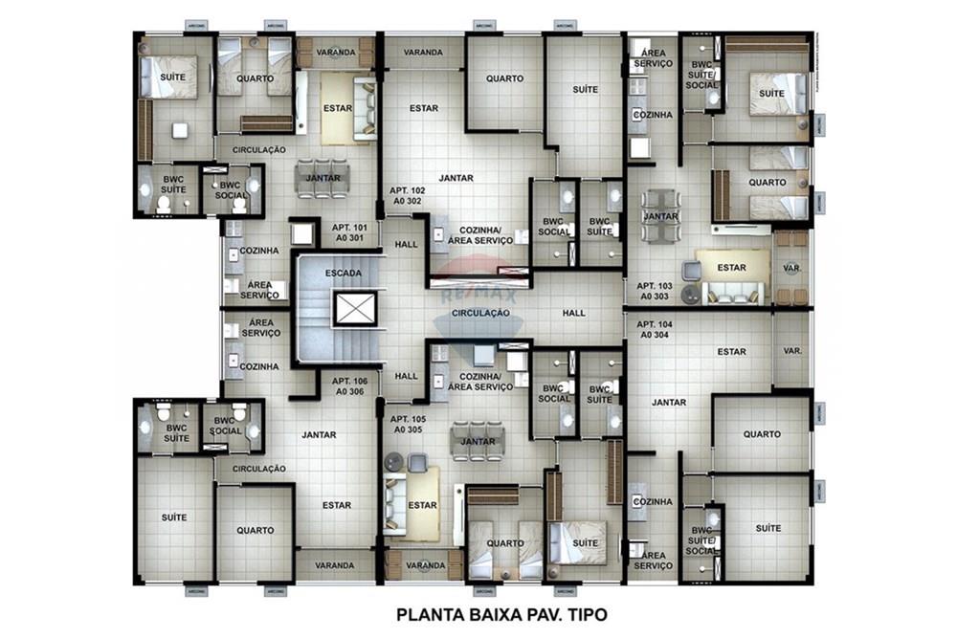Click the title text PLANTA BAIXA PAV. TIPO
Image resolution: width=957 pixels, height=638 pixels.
(501, 613)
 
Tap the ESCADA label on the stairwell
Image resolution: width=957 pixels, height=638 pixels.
(343, 274)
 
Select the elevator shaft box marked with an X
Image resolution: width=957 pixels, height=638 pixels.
(348, 309)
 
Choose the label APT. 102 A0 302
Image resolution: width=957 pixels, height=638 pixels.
(407, 196)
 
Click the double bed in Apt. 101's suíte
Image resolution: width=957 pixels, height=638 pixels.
(169, 77)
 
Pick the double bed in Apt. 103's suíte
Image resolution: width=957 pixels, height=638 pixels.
(773, 93)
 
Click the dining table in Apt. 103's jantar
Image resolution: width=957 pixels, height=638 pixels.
(661, 215)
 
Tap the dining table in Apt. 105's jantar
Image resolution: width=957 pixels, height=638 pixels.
(477, 441)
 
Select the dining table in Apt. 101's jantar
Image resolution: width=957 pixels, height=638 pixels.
(323, 179)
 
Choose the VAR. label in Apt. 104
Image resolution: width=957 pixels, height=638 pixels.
(792, 351)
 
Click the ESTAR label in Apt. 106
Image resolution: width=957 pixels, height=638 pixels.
(336, 505)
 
